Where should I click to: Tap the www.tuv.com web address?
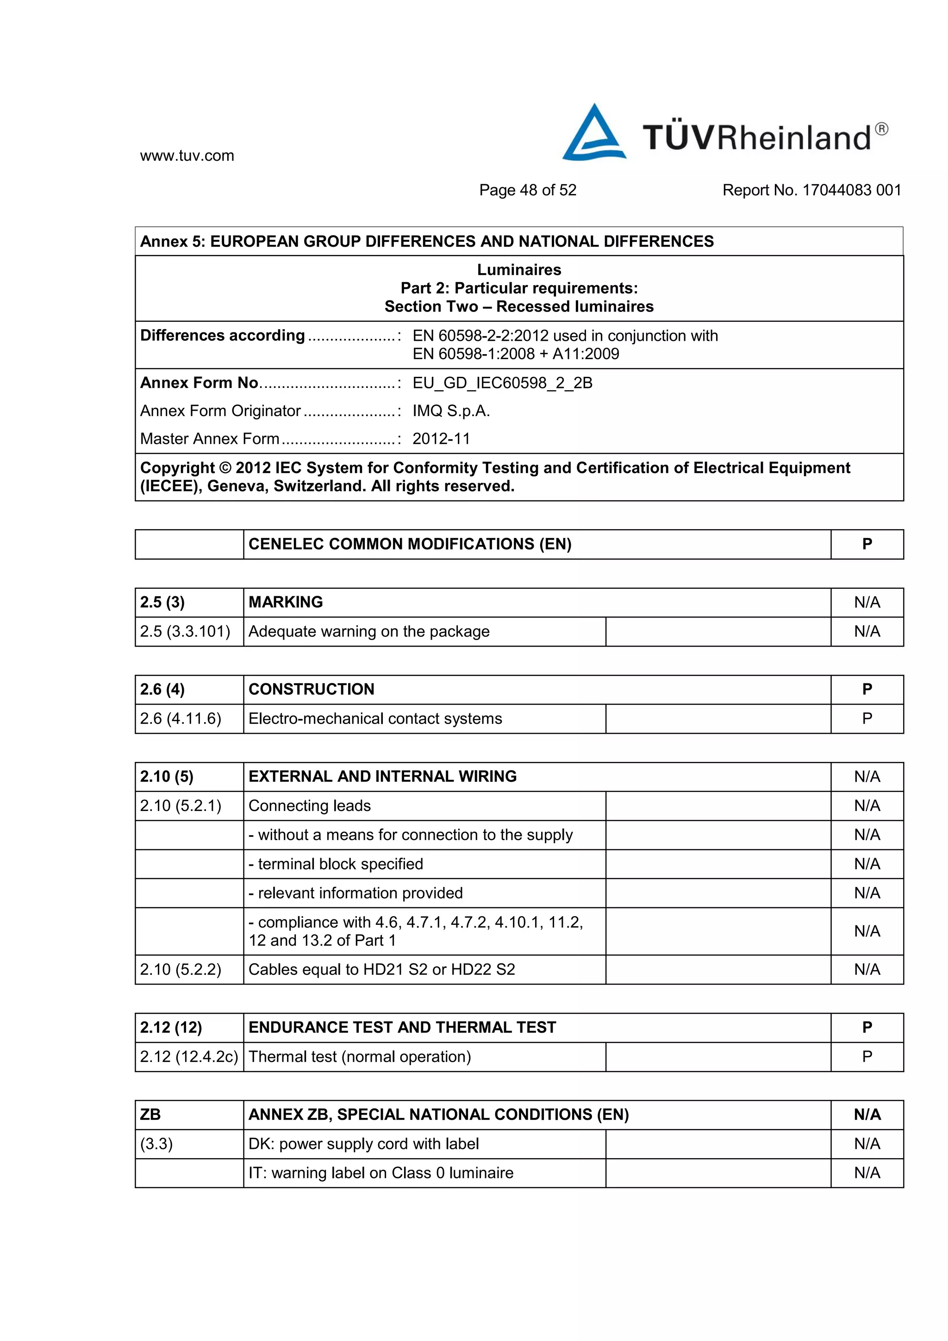pyautogui.click(x=187, y=156)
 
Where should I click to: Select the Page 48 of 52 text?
pyautogui.click(x=527, y=190)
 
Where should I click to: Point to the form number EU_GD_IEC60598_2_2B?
pyautogui.click(x=502, y=383)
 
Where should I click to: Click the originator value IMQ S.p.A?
pyautogui.click(x=451, y=411)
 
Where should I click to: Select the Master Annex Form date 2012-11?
pyautogui.click(x=441, y=439)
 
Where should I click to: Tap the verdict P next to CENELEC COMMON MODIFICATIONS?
pyautogui.click(x=867, y=544)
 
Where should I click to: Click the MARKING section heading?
pyautogui.click(x=286, y=602)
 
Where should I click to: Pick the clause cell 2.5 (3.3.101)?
pyautogui.click(x=185, y=631)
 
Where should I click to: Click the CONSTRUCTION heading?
pyautogui.click(x=312, y=689)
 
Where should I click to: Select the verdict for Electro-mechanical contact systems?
pyautogui.click(x=867, y=718)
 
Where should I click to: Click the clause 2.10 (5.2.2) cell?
pyautogui.click(x=181, y=970)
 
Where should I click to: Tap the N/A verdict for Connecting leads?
pyautogui.click(x=867, y=806)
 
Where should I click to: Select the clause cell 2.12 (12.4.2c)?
pyautogui.click(x=189, y=1057)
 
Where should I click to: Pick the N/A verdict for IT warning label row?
pyautogui.click(x=867, y=1173)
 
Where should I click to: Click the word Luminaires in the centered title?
pyautogui.click(x=519, y=270)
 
